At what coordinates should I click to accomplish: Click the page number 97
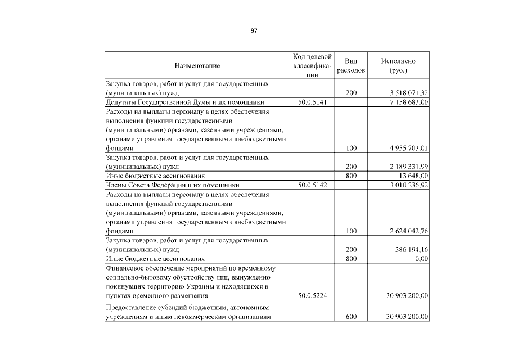point(254,30)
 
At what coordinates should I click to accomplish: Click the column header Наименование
point(197,66)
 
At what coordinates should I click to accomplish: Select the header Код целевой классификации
point(312,66)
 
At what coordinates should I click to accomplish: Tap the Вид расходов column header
point(351,66)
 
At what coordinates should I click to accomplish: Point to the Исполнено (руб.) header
point(398,66)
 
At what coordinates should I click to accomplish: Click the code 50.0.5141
point(312,102)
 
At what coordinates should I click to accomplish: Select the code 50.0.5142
point(312,184)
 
